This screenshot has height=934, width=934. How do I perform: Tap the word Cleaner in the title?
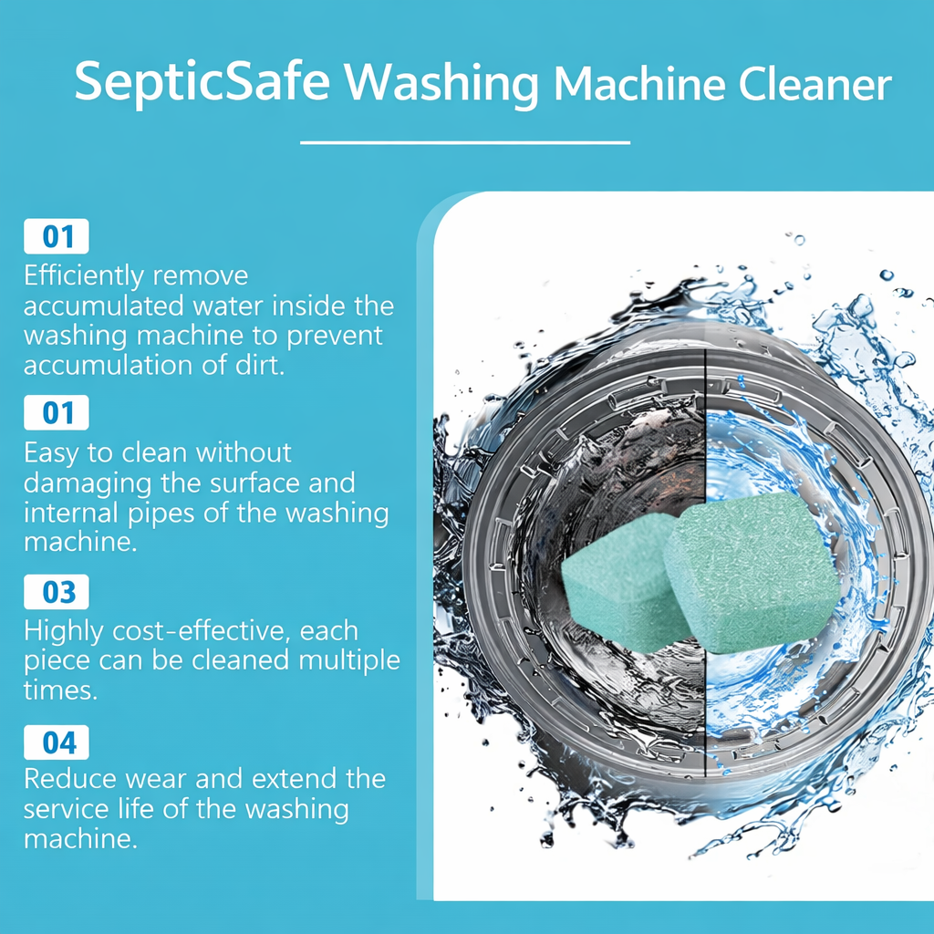click(x=815, y=83)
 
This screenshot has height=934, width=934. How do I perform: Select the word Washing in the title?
click(x=441, y=83)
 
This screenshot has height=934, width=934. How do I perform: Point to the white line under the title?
click(x=464, y=143)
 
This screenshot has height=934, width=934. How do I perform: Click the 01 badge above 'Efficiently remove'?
click(x=57, y=236)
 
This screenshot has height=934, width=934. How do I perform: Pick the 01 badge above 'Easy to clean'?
click(x=57, y=412)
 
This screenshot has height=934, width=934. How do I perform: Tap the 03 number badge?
click(x=57, y=591)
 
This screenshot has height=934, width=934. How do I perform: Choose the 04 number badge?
click(x=57, y=742)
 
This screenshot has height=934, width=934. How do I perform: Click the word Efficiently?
click(x=84, y=276)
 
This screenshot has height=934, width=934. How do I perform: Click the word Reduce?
click(x=70, y=779)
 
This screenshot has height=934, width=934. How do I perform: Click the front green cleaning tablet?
click(x=751, y=571)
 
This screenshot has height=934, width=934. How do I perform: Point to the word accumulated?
click(x=104, y=306)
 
